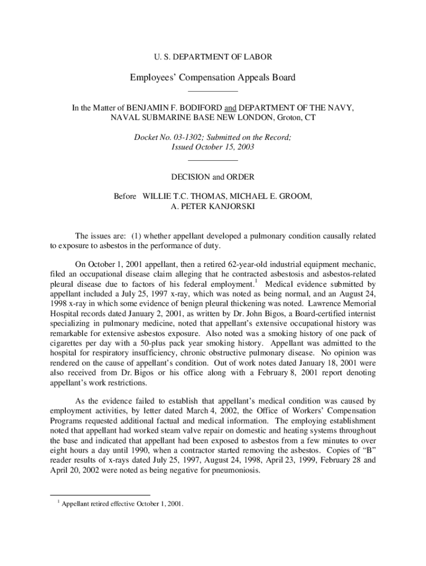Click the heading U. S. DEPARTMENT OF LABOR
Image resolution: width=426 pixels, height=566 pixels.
[212, 56]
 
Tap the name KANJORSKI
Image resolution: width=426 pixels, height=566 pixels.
[232, 206]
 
